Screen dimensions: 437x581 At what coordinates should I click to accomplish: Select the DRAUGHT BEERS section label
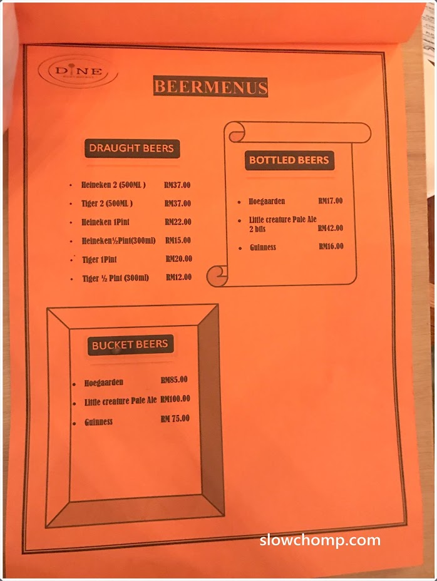click(131, 148)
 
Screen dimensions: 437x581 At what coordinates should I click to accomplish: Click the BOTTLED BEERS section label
click(289, 160)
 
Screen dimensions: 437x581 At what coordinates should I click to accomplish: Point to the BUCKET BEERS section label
click(130, 344)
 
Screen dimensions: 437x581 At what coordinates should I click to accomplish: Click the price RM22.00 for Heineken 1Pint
click(178, 222)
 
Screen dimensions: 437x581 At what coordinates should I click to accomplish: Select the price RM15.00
click(178, 240)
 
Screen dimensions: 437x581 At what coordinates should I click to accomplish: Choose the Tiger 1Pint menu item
click(100, 259)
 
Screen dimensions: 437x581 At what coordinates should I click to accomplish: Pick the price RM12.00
click(178, 277)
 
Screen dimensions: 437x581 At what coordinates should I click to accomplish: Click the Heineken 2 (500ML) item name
click(113, 185)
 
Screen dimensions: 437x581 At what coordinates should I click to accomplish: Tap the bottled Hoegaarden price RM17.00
click(330, 201)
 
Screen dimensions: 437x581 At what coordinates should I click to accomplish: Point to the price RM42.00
click(330, 228)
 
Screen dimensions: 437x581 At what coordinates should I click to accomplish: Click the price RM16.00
click(330, 246)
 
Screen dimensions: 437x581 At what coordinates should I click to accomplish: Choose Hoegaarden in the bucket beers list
click(104, 383)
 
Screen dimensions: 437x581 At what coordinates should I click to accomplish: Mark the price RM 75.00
click(175, 419)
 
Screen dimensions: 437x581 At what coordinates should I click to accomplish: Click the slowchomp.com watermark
click(319, 540)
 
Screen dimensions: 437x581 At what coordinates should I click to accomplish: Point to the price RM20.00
click(178, 259)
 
